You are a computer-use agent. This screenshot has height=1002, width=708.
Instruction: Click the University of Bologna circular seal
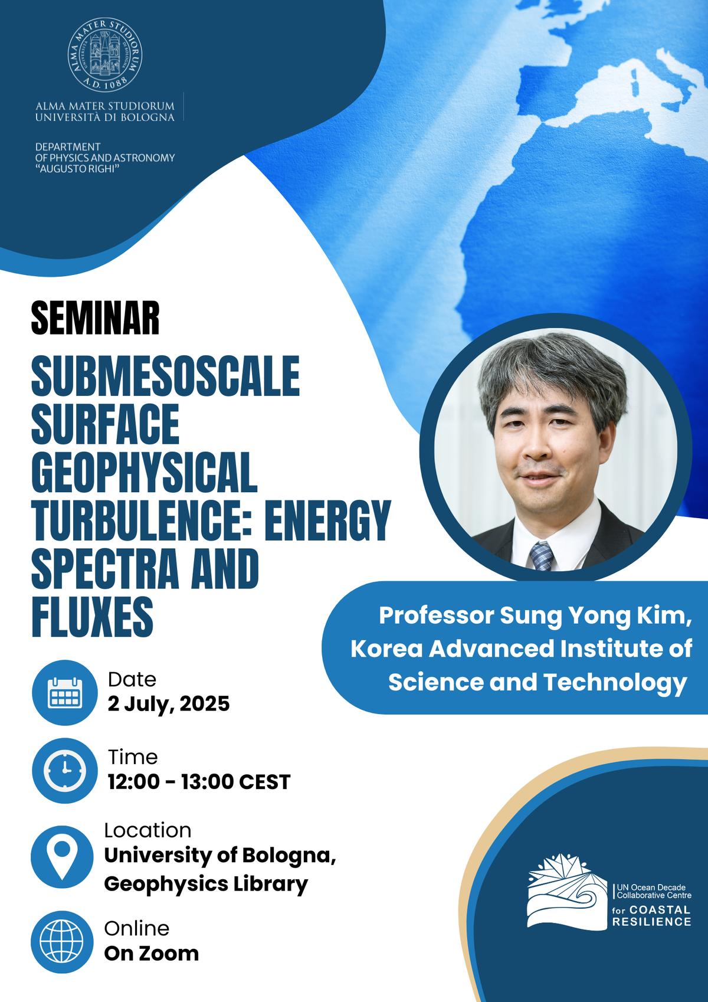coord(105,55)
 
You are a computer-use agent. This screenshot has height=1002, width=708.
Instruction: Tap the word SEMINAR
coord(95,318)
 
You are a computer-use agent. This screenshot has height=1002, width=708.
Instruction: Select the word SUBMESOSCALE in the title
coord(165,376)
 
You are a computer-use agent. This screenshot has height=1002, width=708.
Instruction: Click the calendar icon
coord(65,693)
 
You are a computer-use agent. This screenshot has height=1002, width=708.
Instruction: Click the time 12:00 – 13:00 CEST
coord(199,782)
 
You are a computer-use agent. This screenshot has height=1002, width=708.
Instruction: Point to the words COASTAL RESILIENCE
coord(652,916)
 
